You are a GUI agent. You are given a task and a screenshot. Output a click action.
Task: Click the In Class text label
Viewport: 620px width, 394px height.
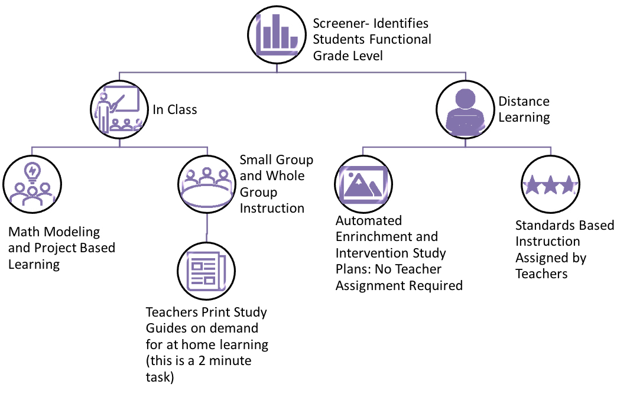(x=175, y=109)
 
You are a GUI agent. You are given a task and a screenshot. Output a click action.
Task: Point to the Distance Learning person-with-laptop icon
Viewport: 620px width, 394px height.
(x=465, y=109)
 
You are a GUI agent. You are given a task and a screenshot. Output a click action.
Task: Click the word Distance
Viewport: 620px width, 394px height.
(x=524, y=101)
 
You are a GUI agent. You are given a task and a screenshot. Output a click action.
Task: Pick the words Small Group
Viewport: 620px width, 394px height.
(x=276, y=160)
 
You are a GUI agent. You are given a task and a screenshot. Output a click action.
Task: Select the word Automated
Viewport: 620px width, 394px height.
(x=369, y=221)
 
